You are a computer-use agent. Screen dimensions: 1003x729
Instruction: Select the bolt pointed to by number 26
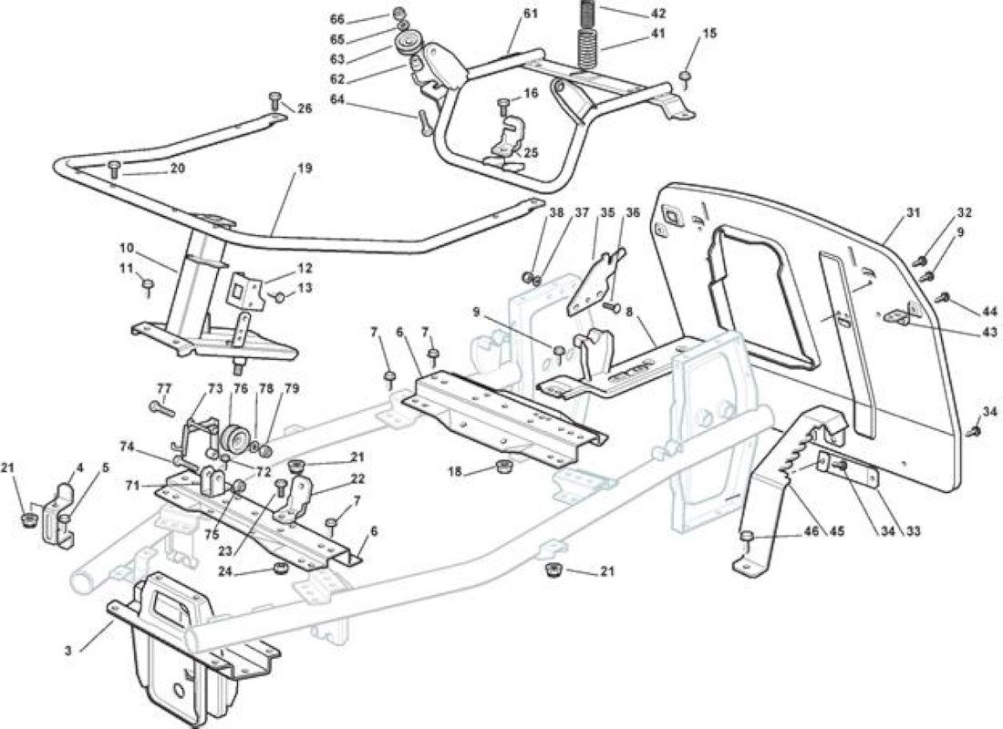tap(274, 102)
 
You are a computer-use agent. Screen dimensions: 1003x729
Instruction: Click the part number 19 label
tap(305, 169)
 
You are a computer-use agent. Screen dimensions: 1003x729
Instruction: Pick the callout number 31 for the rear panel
tap(913, 212)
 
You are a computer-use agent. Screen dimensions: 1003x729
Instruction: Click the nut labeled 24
tap(279, 568)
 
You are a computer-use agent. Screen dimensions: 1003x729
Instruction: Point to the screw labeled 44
tap(943, 298)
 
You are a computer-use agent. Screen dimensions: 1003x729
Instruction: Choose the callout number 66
tap(337, 19)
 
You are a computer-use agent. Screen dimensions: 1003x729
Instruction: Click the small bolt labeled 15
tap(685, 78)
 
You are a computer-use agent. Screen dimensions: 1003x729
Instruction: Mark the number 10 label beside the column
tap(126, 247)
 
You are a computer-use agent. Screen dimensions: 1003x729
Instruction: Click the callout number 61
tap(531, 14)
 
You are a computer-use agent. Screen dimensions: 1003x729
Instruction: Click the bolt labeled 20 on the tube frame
tap(115, 169)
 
